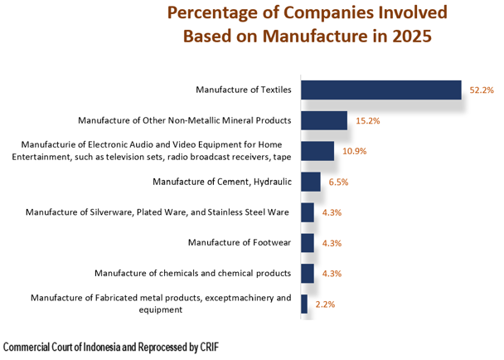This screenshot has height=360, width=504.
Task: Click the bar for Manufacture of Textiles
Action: [x=380, y=90]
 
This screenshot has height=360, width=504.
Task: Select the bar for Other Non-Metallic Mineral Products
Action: [x=323, y=120]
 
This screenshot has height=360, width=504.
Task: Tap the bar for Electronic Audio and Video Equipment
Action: [x=317, y=151]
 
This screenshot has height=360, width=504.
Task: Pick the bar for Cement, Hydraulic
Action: [x=310, y=182]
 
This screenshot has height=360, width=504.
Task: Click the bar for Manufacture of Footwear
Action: [x=307, y=243]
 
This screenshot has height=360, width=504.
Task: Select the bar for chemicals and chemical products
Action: [x=307, y=273]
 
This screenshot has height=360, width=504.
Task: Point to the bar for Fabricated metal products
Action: [x=304, y=304]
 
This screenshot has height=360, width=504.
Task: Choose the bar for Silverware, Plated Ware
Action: [x=307, y=212]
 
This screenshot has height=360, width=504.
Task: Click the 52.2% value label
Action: [x=482, y=90]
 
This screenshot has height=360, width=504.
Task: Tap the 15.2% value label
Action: [x=367, y=120]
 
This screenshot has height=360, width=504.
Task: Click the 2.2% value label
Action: [x=326, y=304]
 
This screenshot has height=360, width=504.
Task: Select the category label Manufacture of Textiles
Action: [x=243, y=89]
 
